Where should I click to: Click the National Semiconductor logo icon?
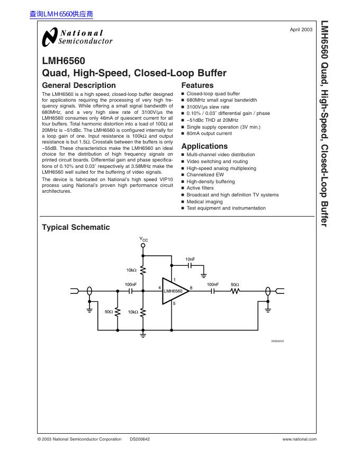coord(49,37)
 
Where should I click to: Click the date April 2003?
coord(301,29)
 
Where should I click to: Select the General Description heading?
coord(78,85)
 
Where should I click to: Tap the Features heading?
coord(197,85)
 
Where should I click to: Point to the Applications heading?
coord(204,146)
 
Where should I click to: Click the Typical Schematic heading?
coord(76,227)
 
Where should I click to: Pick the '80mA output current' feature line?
coord(209,133)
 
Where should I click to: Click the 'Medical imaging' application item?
coord(204,202)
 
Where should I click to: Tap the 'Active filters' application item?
coord(200,188)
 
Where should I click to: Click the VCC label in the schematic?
coord(144,240)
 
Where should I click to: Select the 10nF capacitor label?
coord(190,259)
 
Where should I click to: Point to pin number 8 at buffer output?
coord(191,287)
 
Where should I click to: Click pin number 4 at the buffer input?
coord(159,287)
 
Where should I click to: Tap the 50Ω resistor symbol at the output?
coord(235,291)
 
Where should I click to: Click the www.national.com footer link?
coord(299,439)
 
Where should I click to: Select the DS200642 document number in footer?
coord(140,439)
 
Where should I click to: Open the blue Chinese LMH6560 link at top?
coord(61,14)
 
